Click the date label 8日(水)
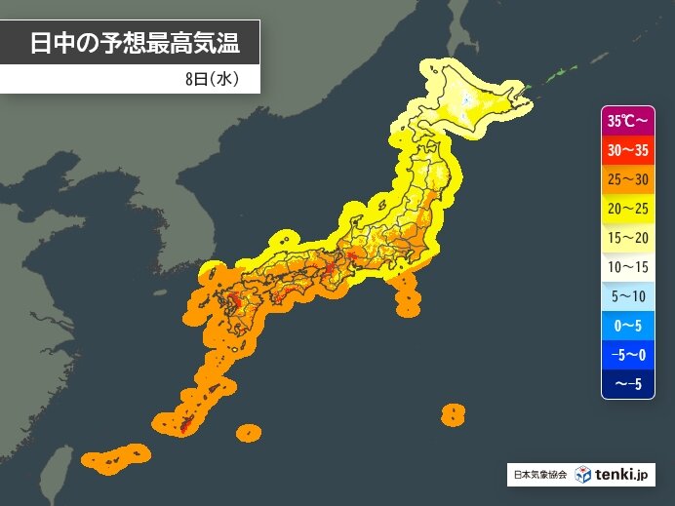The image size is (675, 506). point(210,79)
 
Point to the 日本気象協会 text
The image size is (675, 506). point(538,476)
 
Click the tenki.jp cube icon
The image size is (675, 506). point(583,475)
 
